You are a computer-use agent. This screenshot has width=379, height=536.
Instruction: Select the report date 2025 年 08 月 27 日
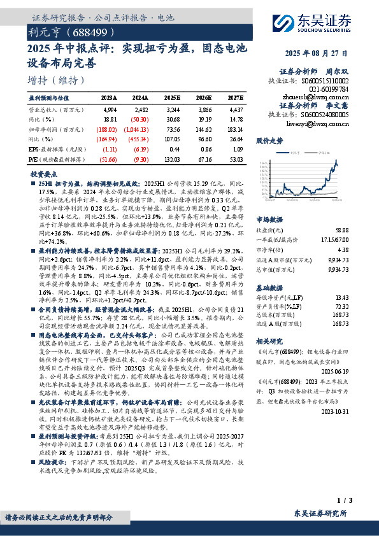tap(329, 54)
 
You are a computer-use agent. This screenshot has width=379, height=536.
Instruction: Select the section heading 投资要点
tap(45, 173)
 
